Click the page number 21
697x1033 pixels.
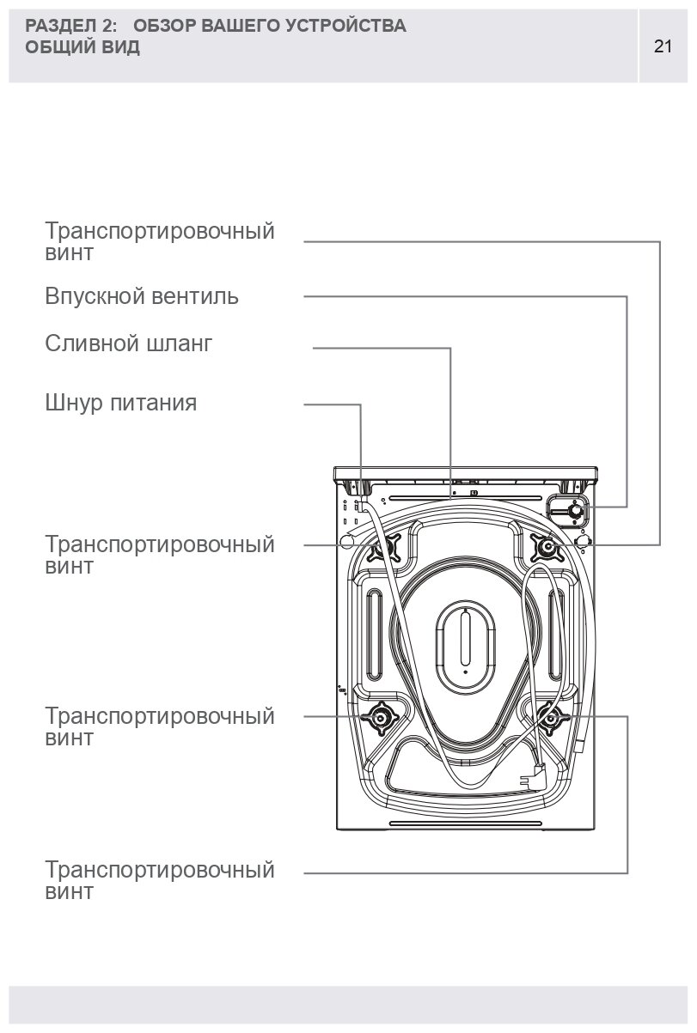click(663, 46)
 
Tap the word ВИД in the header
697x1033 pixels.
click(123, 47)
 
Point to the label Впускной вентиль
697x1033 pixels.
click(142, 297)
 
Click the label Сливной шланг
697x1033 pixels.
click(128, 344)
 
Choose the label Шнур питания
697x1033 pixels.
click(121, 403)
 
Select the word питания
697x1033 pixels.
click(154, 403)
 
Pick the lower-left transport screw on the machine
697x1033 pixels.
click(380, 718)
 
